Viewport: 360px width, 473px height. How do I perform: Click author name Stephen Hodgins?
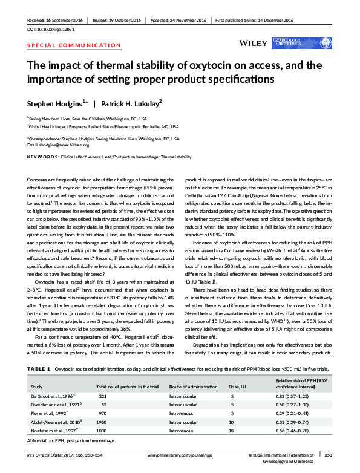[x=60, y=103]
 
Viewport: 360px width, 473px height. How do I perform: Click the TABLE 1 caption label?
[x=39, y=368]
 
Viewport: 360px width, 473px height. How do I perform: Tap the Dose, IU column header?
[x=238, y=386]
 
